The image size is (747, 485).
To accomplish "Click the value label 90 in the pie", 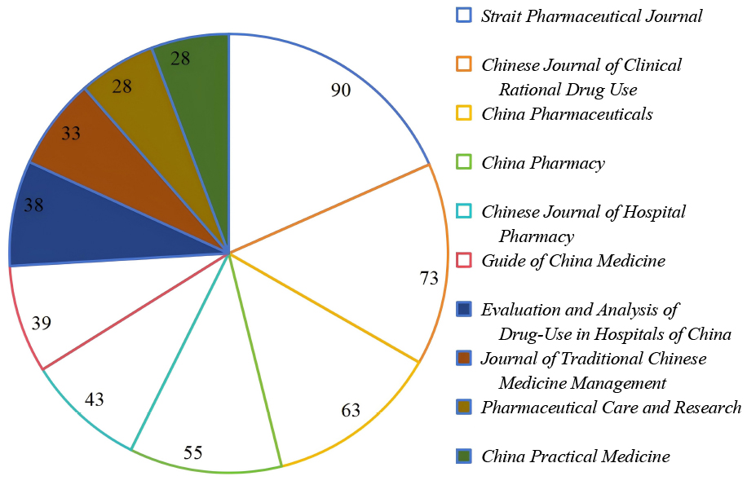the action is [341, 90].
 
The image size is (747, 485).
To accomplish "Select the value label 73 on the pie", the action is [429, 277].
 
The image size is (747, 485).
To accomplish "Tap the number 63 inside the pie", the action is [351, 410].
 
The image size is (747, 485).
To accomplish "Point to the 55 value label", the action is [193, 452].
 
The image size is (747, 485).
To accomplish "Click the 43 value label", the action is [94, 399].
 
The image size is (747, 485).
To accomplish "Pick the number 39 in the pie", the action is [42, 323].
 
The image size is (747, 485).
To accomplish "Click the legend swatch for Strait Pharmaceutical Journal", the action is [464, 15].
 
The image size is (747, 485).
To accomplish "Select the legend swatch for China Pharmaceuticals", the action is [464, 112].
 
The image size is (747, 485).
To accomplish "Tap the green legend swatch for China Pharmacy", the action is [464, 162].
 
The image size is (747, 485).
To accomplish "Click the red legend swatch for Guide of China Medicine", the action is [464, 260].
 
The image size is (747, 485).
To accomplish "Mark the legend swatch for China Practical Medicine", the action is [464, 456].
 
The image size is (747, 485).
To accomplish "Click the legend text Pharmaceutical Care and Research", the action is [611, 408].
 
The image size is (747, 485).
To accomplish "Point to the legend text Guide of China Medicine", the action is [573, 261].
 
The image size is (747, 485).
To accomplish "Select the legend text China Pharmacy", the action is [543, 163].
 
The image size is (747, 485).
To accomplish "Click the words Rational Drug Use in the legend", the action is [568, 90].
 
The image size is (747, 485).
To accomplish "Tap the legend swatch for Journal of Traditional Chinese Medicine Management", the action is [464, 358].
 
